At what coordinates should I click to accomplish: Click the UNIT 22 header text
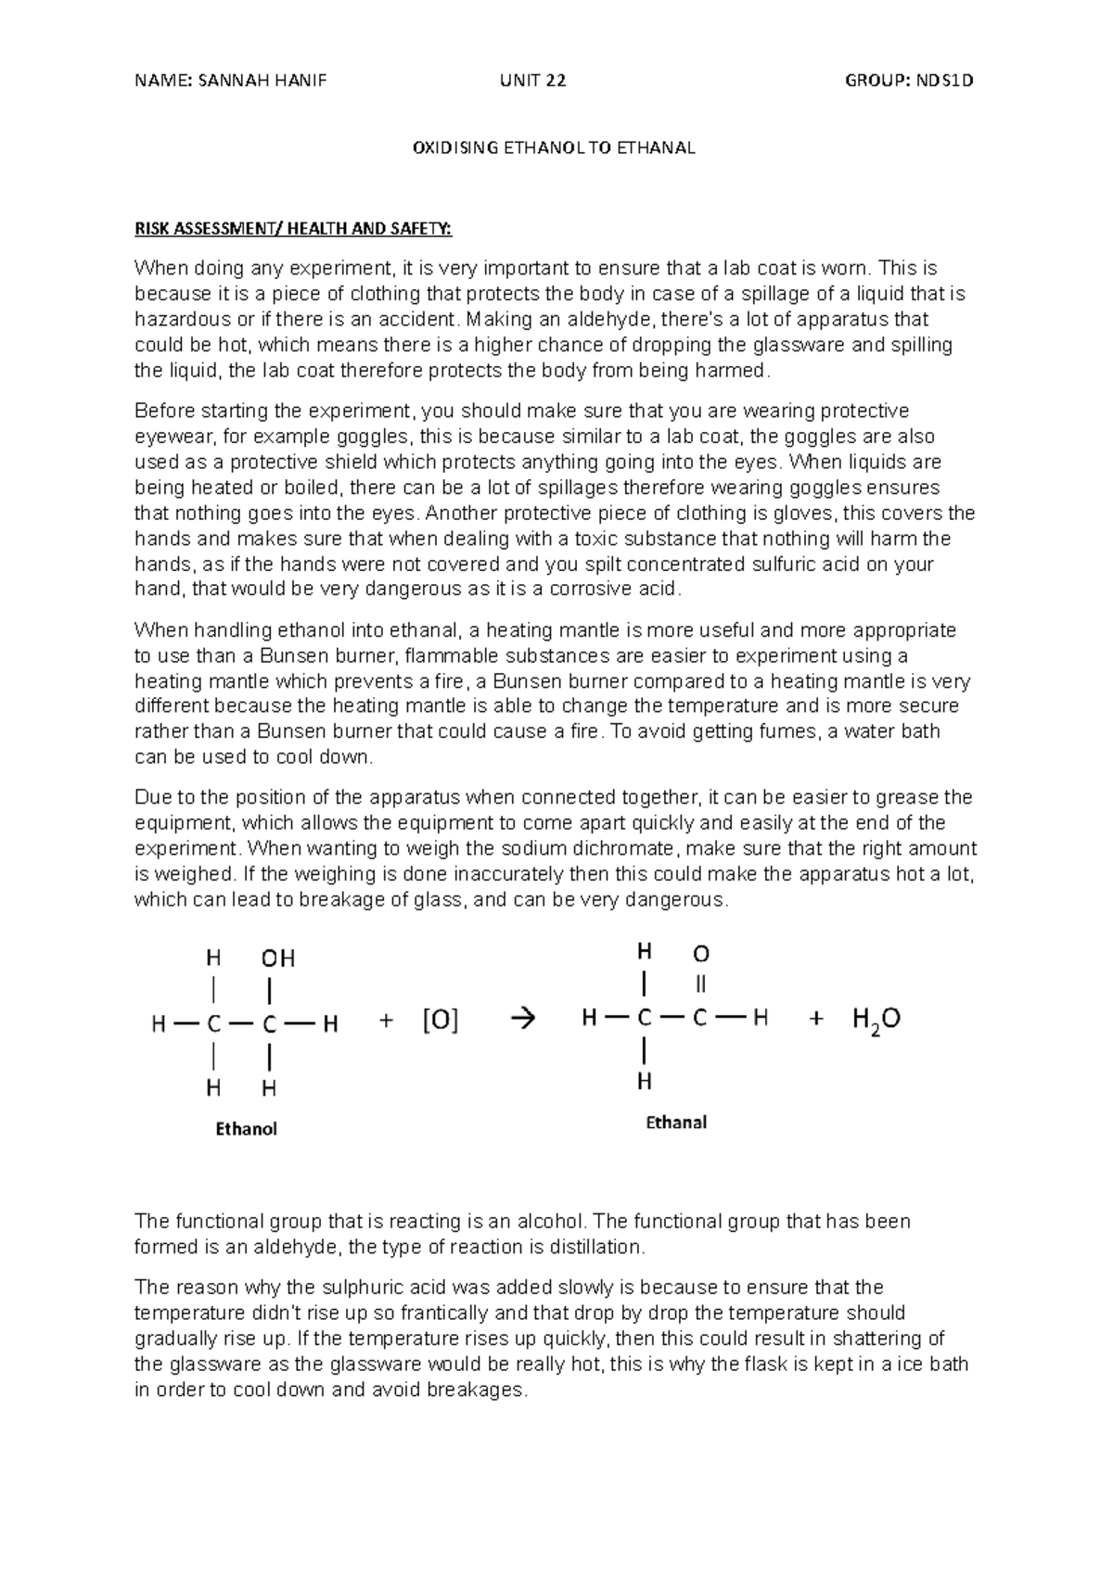tap(532, 81)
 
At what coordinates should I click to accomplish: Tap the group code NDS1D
tap(943, 81)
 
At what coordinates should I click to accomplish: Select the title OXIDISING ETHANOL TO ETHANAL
tap(554, 148)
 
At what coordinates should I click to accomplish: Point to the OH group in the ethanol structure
tap(277, 958)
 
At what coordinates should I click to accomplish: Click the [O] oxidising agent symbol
tap(441, 1022)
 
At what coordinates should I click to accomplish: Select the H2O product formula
tap(876, 1020)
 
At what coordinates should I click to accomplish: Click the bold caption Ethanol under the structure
tap(246, 1129)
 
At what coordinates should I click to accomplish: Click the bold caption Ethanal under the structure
tap(676, 1123)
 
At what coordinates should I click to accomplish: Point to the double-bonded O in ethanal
tap(701, 954)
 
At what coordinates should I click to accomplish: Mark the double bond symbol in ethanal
tap(701, 984)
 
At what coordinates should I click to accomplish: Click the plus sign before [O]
tap(387, 1022)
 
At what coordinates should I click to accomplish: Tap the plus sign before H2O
tap(816, 1019)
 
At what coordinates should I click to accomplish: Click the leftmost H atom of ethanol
tap(160, 1024)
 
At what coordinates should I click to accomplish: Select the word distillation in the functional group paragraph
tap(598, 1248)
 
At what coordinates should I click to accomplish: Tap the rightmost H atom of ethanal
tap(761, 1019)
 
